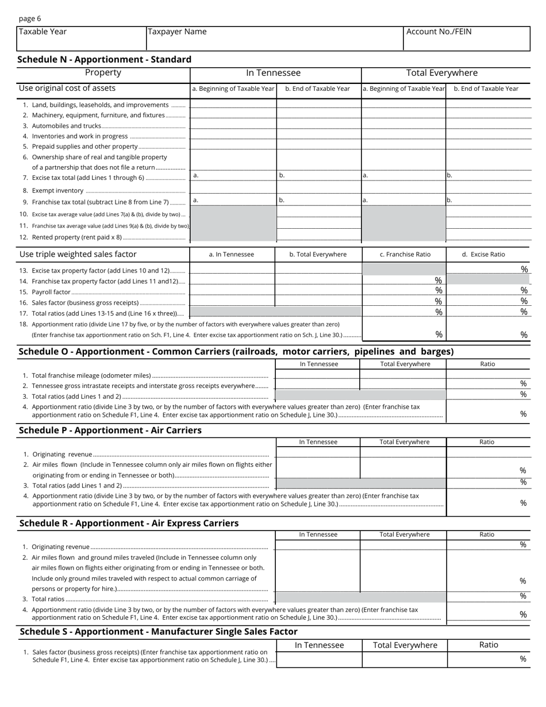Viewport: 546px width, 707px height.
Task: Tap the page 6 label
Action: [x=30, y=18]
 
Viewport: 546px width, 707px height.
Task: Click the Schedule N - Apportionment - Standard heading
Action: [x=105, y=59]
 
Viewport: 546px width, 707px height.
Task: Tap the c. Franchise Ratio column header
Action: [x=405, y=254]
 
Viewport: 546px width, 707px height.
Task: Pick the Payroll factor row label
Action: [x=51, y=292]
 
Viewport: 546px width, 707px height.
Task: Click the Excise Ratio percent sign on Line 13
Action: [x=524, y=269]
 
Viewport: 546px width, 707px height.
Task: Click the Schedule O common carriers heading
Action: [x=236, y=351]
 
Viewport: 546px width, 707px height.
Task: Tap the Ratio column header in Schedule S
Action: [x=489, y=645]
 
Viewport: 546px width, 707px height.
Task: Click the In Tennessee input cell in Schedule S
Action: [x=319, y=659]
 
